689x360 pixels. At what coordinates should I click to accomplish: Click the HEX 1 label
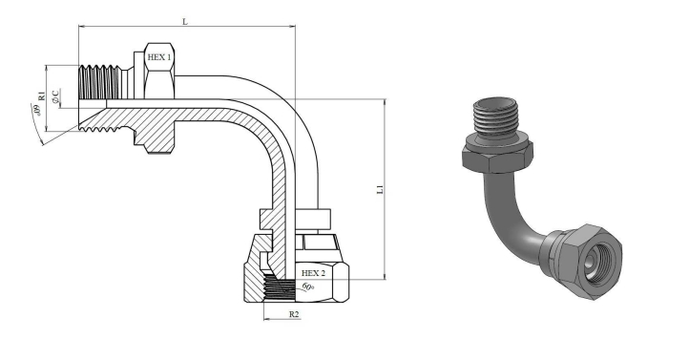160,57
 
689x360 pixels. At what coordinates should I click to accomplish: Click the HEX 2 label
313,273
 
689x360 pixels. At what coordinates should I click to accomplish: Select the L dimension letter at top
185,21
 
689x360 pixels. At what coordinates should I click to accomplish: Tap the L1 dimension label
381,189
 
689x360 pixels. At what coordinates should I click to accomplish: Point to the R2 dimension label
294,314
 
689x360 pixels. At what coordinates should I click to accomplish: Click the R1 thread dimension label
41,95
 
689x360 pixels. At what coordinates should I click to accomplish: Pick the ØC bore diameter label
55,96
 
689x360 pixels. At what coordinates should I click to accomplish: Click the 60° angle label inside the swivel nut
308,287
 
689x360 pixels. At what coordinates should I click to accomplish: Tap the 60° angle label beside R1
36,110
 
